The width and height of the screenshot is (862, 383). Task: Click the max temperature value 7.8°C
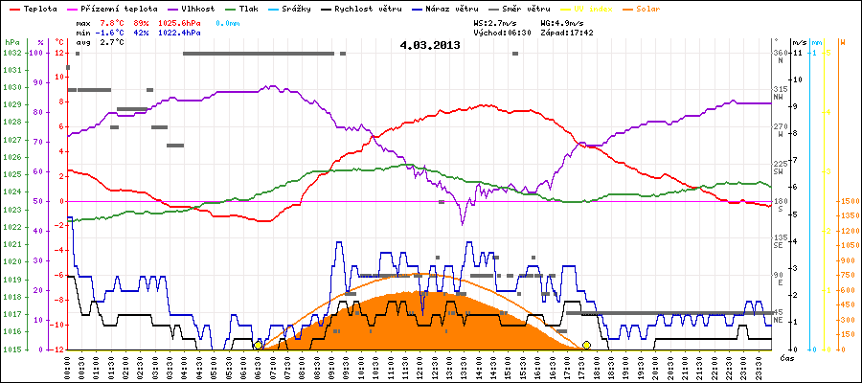113,21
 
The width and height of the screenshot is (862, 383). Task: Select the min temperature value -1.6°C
113,32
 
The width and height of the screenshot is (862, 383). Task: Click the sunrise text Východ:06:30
502,32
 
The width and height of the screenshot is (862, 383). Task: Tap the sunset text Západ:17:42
566,32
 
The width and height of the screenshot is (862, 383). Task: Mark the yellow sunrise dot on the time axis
258,345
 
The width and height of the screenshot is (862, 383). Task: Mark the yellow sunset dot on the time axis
586,345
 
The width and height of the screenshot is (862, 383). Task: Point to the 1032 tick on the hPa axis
11,53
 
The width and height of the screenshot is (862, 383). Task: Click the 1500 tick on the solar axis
847,201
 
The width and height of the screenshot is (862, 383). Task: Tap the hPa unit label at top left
11,43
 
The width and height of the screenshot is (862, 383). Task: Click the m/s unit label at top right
799,43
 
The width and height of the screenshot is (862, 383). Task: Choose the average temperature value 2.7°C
113,43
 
